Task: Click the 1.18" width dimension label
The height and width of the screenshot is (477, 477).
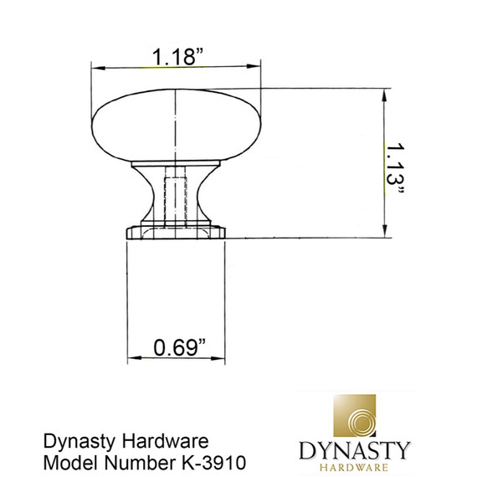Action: click(177, 56)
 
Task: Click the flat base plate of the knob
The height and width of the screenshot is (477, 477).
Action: click(176, 230)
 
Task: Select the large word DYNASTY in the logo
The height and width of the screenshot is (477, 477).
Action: click(355, 450)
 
